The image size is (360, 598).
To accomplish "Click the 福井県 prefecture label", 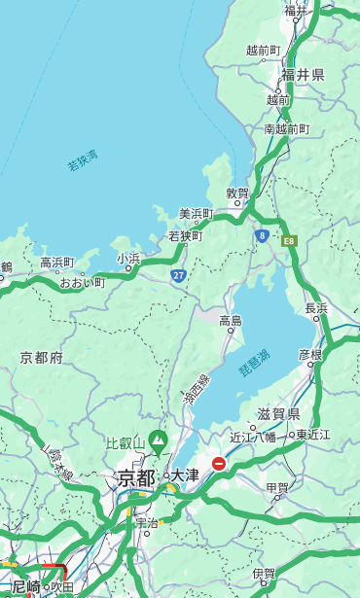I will pos(303,75).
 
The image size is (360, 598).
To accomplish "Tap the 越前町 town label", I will pos(263,50).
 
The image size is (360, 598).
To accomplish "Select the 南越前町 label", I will pos(286,128).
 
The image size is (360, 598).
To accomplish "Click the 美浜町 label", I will pos(196,214).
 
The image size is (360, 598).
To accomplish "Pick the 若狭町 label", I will pos(185,235).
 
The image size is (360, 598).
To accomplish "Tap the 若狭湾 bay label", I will pos(82,160).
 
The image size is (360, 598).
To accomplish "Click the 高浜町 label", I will pos(56,263).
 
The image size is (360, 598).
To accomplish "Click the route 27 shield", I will pos(178,276).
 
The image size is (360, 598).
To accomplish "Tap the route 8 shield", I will pos(262,235).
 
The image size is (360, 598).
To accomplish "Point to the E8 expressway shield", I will pos(288,240).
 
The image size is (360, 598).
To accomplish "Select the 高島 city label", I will pos(231,320).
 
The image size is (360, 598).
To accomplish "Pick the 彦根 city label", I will pos(309,355).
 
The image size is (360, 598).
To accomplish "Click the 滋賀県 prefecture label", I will pos(278,413).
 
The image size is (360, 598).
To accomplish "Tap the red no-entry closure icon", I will pos(219,464).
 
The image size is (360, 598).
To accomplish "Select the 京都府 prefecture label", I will pos(42,358).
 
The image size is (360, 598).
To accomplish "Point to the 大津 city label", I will pos(185,475).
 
